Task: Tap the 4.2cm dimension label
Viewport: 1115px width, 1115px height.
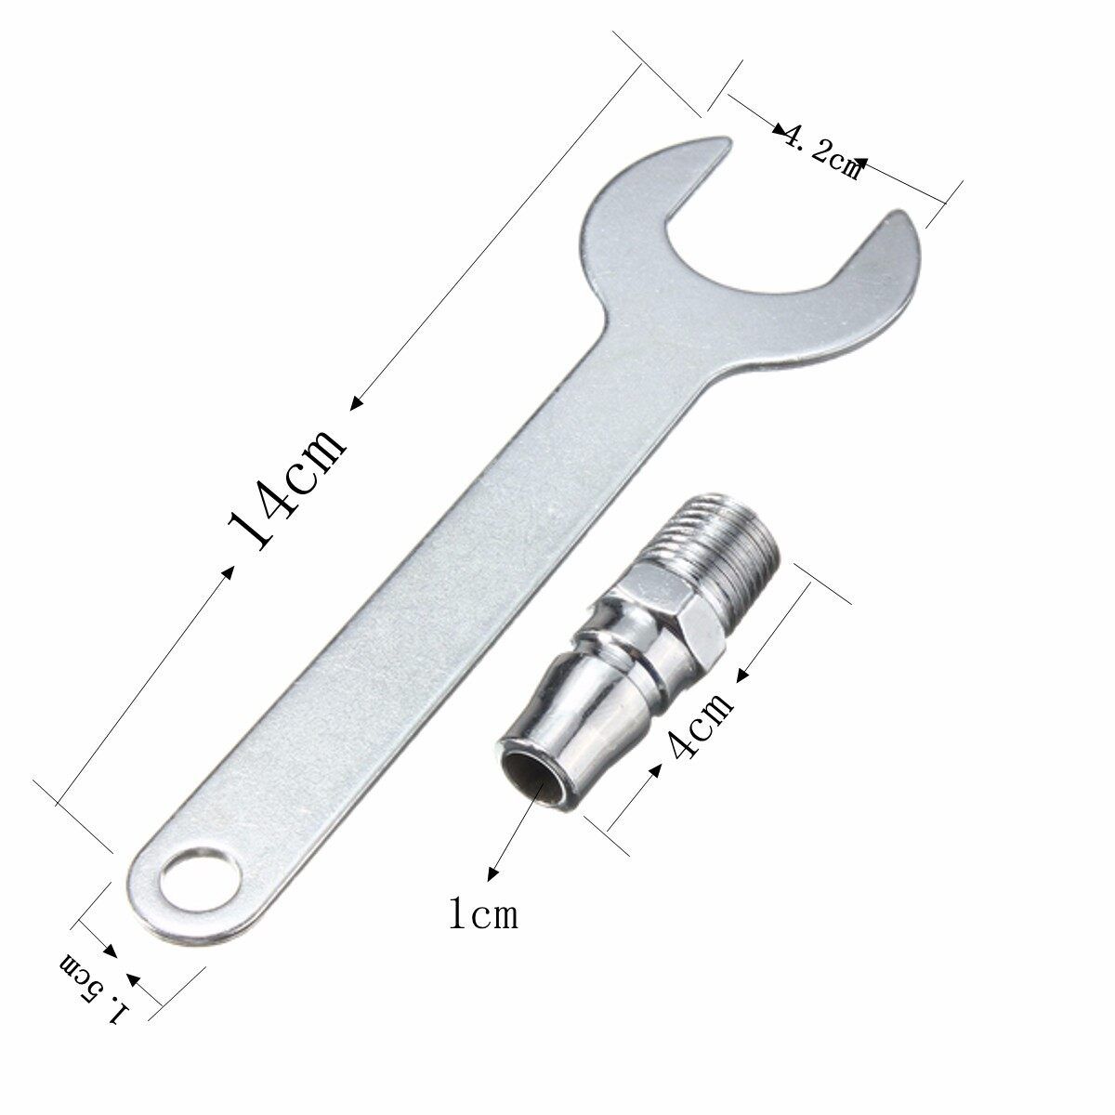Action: [821, 152]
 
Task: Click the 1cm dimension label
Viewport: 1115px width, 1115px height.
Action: [483, 915]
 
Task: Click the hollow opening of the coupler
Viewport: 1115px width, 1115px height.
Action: [531, 779]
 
